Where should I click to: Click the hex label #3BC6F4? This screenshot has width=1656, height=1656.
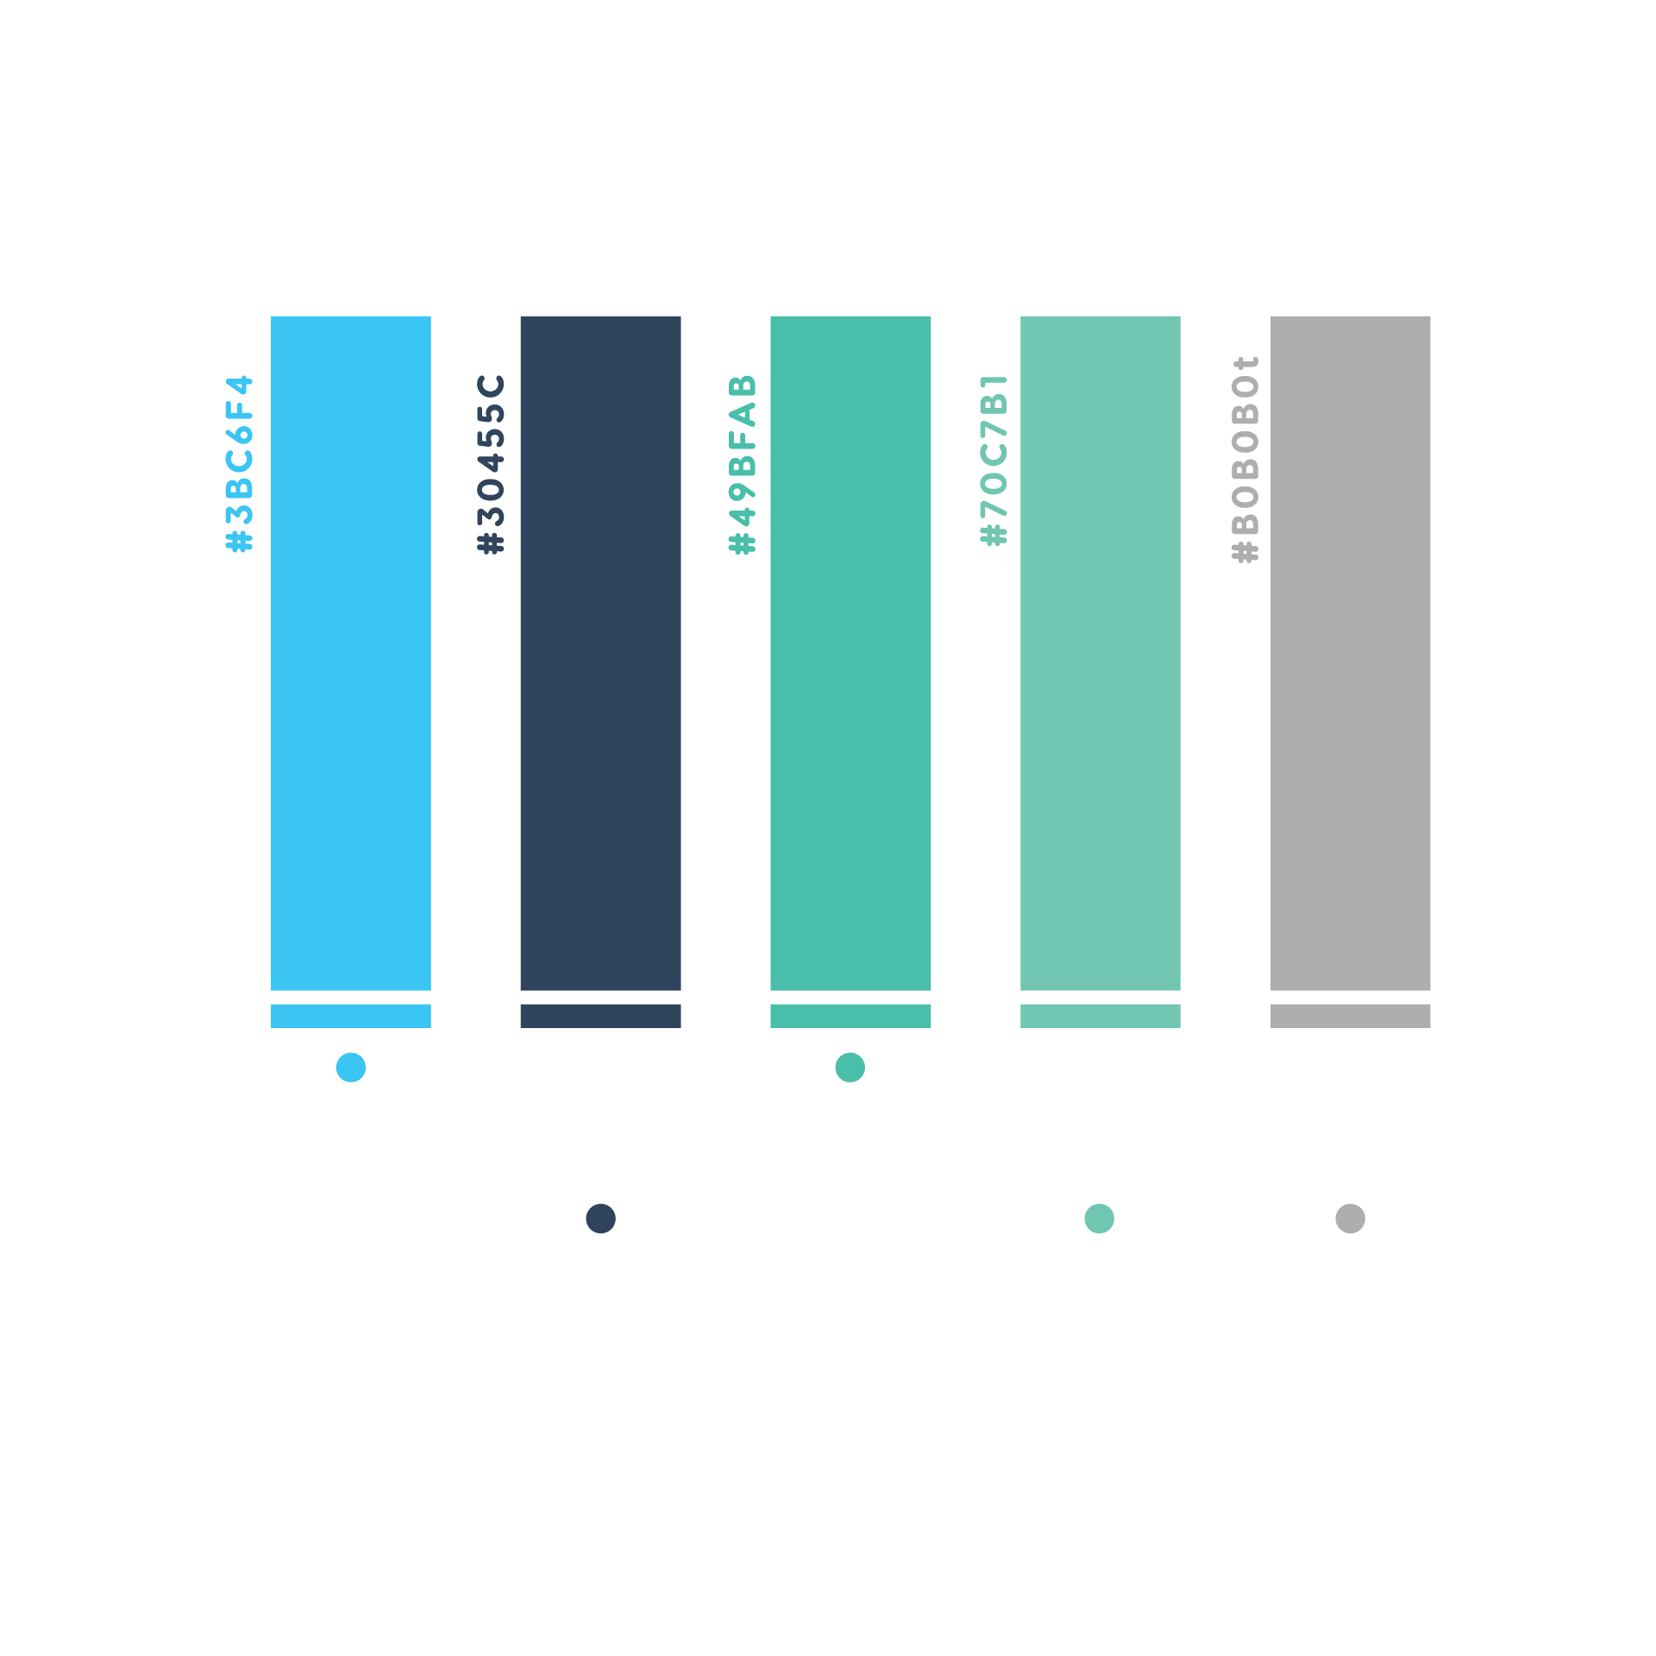[x=239, y=463]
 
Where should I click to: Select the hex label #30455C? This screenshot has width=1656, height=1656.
[x=491, y=463]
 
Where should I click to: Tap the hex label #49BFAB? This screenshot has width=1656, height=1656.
[x=742, y=463]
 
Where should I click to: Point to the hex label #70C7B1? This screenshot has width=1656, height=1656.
[x=994, y=460]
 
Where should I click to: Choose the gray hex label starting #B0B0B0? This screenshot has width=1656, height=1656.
[x=1245, y=459]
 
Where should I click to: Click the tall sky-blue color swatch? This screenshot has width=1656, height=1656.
[x=351, y=653]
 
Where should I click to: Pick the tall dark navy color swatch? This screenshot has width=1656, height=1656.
[x=600, y=653]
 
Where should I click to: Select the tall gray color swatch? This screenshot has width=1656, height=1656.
[x=1350, y=653]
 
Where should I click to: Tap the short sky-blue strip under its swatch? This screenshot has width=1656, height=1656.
[x=351, y=1015]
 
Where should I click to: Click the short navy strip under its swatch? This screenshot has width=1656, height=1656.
[x=600, y=1015]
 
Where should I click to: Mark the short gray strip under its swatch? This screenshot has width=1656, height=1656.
[x=1350, y=1015]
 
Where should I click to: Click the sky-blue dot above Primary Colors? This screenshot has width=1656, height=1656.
[x=351, y=1067]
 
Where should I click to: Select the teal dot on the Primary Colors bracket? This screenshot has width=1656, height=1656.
[x=850, y=1067]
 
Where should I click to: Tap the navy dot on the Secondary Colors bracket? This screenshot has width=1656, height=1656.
[x=600, y=1218]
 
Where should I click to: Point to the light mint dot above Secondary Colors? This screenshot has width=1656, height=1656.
[x=1099, y=1218]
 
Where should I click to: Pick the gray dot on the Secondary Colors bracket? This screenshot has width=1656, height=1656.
[x=1350, y=1218]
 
